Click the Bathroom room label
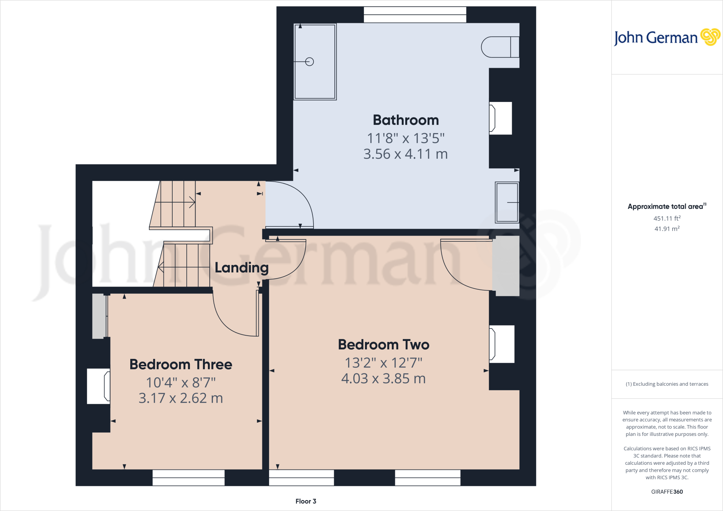pos(406,120)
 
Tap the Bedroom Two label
pos(383,345)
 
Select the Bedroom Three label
pos(181,365)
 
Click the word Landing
pos(241,268)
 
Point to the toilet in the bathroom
pos(500,47)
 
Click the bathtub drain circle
pos(310,62)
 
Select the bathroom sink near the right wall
pos(507,202)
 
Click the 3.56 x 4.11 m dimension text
pos(405,154)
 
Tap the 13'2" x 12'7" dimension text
pos(383,363)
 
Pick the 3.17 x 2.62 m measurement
pos(181,398)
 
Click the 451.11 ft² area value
pos(667,218)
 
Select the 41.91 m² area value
pos(667,229)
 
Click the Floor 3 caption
pos(306,501)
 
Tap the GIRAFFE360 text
pos(667,492)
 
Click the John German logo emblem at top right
pos(710,37)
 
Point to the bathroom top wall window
pos(415,15)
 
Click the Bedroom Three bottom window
pos(189,477)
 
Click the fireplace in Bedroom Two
pos(501,344)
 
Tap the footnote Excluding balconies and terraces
pos(667,384)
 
